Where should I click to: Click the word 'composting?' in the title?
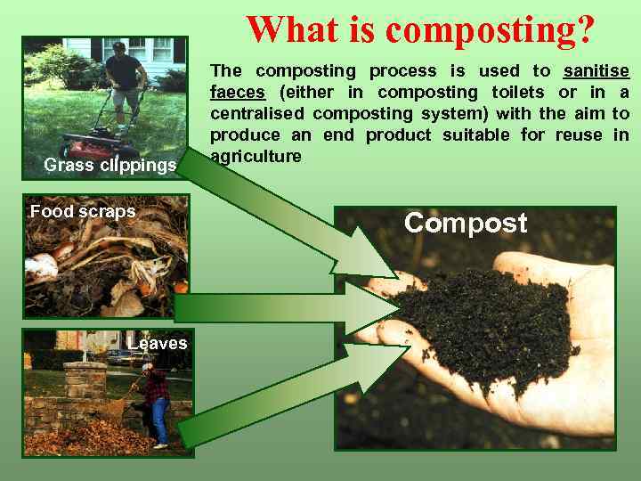point(491,29)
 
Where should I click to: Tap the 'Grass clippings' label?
point(110,165)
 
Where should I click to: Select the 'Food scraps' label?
point(83,211)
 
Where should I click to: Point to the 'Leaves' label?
point(158,343)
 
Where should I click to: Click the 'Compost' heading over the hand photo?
point(466,223)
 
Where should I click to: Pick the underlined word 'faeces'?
point(238,92)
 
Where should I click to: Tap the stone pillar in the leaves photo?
point(85,383)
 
